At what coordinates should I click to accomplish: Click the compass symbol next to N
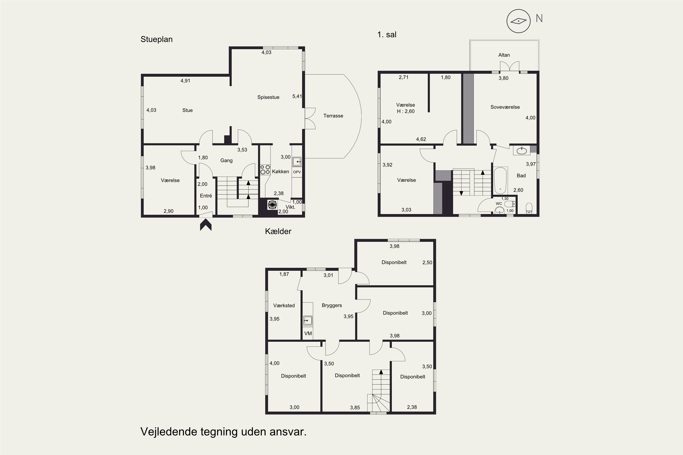[x=518, y=21]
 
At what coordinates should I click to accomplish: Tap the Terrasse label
[x=333, y=116]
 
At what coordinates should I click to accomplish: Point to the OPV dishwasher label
[x=297, y=172]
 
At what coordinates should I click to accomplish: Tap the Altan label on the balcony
[x=504, y=55]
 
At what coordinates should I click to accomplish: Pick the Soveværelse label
[x=505, y=107]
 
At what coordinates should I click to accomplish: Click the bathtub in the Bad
[x=500, y=180]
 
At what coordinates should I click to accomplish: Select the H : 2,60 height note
[x=405, y=111]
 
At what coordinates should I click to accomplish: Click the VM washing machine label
[x=308, y=334]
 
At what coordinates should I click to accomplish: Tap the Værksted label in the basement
[x=284, y=306]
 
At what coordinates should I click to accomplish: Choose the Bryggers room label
[x=332, y=306]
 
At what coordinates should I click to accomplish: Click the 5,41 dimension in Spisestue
[x=297, y=96]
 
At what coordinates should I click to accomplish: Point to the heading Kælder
[x=278, y=231]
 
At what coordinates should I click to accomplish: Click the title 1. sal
[x=387, y=35]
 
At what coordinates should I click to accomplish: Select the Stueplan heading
[x=157, y=39]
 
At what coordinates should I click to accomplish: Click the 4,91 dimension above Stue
[x=185, y=81]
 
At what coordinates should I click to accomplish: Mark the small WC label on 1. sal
[x=499, y=204]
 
